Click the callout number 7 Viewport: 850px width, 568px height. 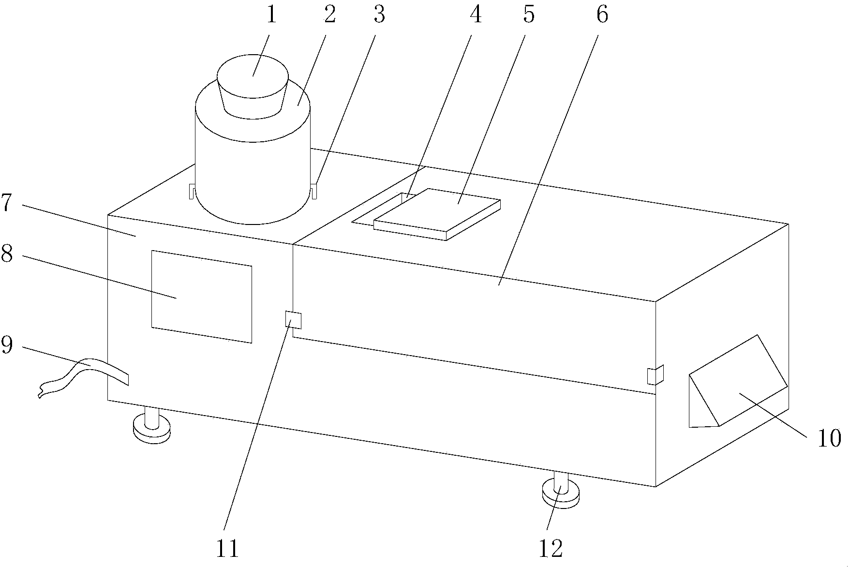pos(6,204)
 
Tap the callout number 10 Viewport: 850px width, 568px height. pos(829,439)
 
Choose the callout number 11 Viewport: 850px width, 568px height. pos(227,549)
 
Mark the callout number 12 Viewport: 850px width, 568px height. pos(551,549)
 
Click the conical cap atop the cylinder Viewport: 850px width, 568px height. pos(253,87)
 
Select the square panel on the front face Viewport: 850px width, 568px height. pos(202,296)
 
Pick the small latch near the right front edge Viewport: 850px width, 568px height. pos(655,375)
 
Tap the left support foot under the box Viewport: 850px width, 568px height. pos(152,426)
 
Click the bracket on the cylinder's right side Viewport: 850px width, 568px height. pos(313,191)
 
